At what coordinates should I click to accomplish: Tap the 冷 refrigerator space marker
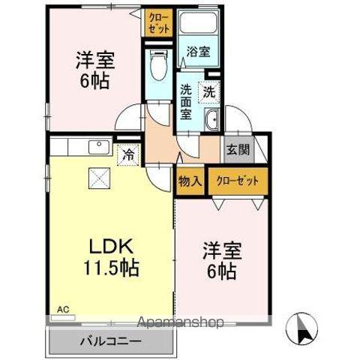pos(128,155)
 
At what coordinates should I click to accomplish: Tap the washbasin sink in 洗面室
pos(212,120)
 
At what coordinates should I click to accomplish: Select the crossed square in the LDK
pos(99,177)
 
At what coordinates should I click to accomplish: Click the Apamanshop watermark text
pos(180,323)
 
